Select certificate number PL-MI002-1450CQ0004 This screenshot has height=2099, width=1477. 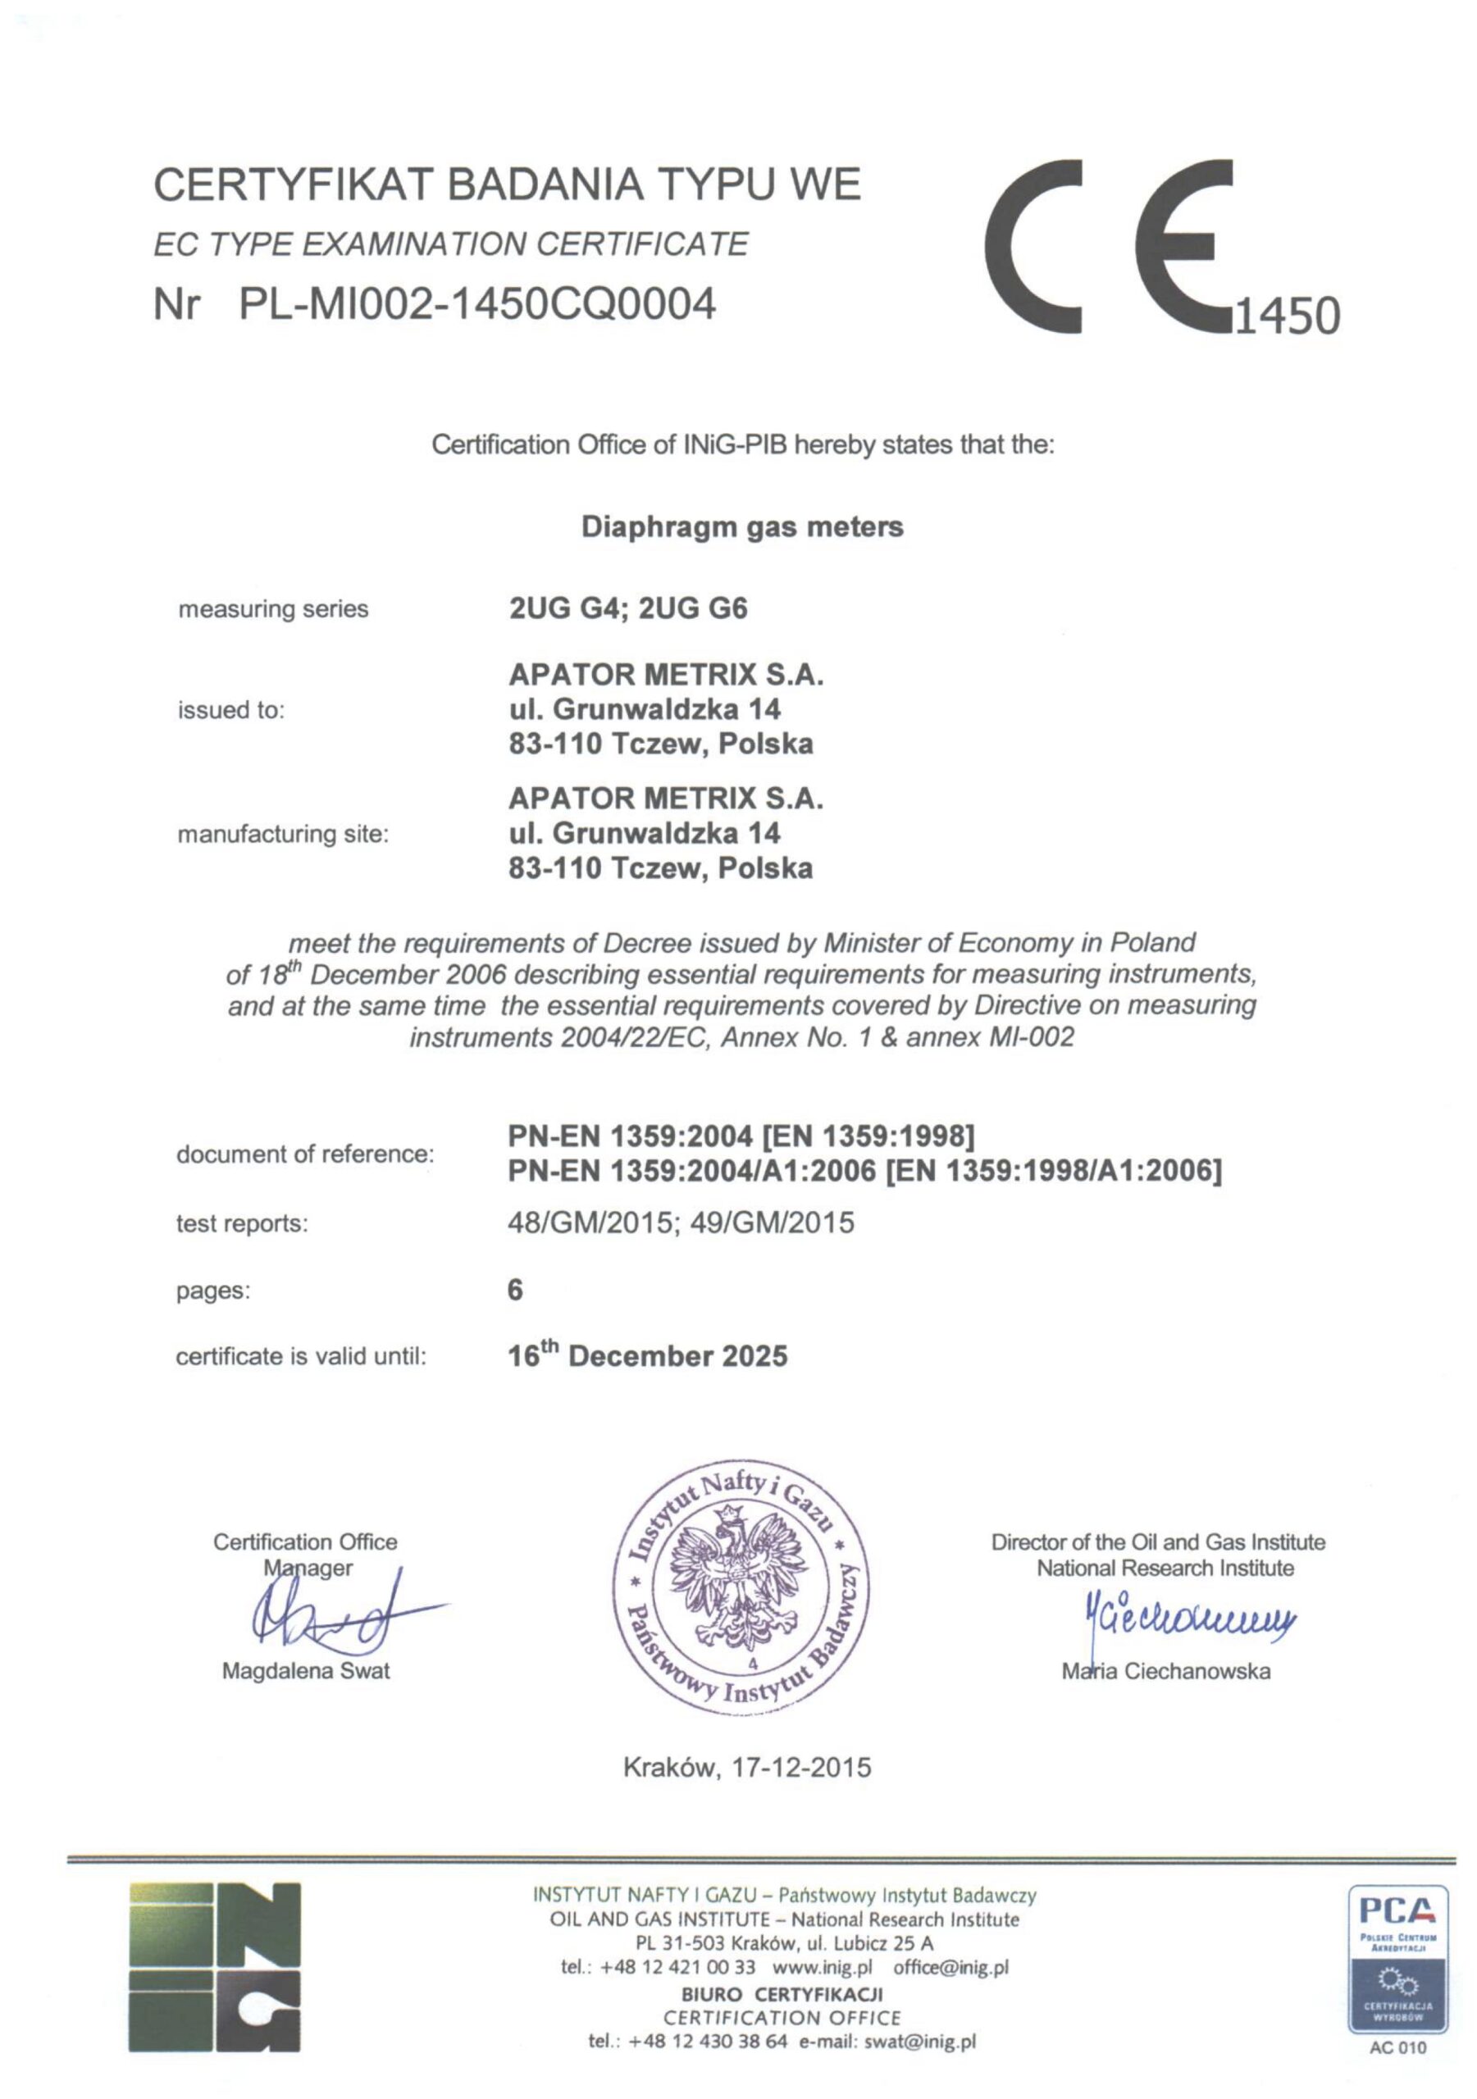tap(476, 304)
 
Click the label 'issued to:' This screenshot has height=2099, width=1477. tap(231, 709)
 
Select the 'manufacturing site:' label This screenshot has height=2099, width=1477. tap(283, 834)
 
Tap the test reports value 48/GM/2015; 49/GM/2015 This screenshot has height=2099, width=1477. tap(681, 1223)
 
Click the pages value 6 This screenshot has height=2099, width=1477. tap(515, 1290)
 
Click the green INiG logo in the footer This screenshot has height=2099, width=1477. tap(215, 1966)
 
